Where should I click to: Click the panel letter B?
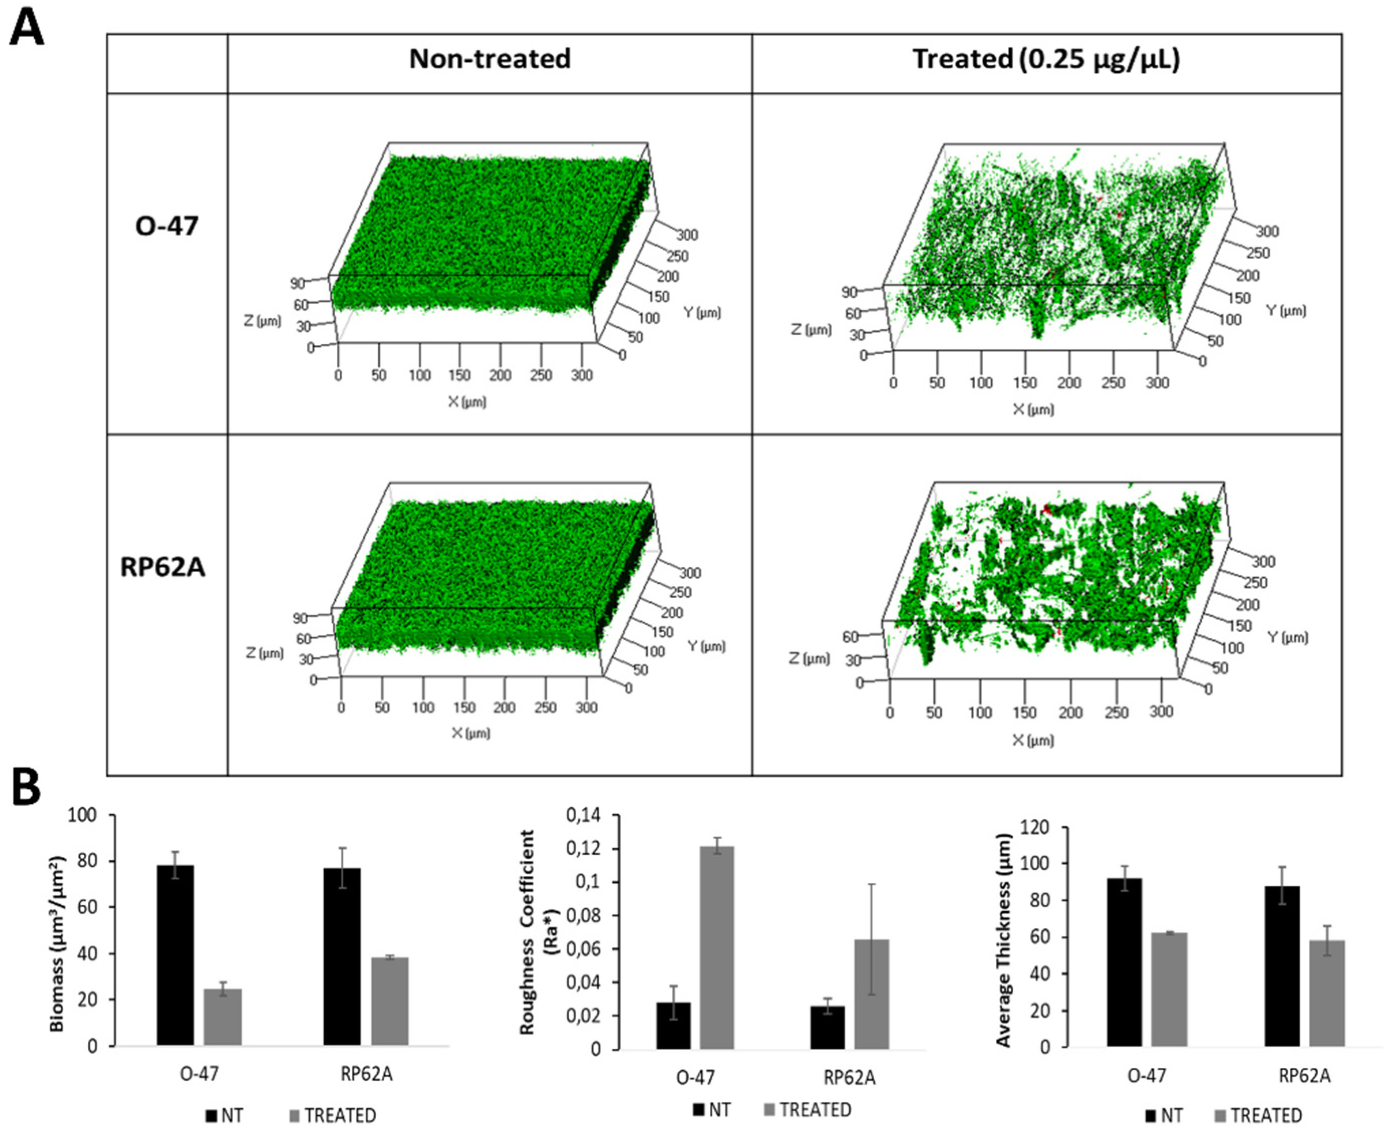(x=26, y=788)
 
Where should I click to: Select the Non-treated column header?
(x=490, y=59)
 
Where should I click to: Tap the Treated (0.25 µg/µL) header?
(x=1046, y=59)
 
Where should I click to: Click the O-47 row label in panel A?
(x=167, y=226)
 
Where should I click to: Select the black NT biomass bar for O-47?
(x=176, y=955)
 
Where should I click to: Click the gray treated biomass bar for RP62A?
(x=390, y=1001)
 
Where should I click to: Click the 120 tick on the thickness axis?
(x=1036, y=827)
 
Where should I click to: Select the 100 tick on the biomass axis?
(x=82, y=815)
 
